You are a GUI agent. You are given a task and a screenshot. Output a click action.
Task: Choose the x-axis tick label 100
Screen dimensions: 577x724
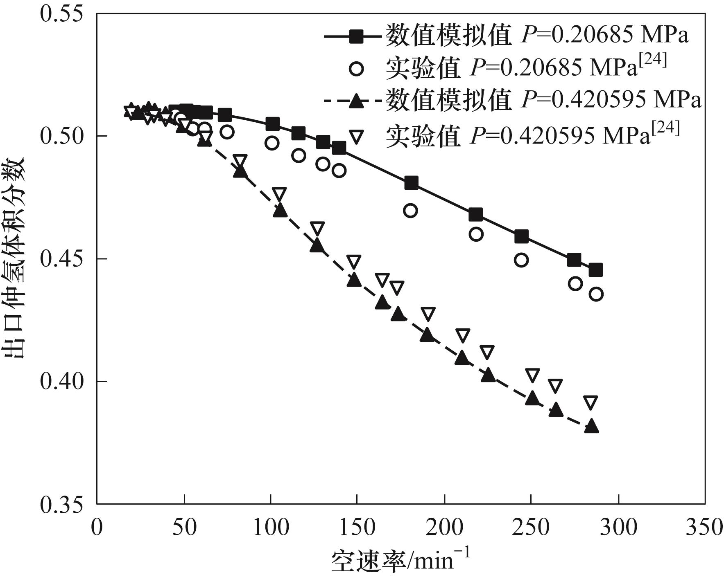pyautogui.click(x=271, y=527)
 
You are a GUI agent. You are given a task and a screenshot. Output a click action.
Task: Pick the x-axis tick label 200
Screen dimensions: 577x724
pyautogui.click(x=444, y=527)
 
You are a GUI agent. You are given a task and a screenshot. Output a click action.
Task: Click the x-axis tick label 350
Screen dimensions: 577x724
pyautogui.click(x=704, y=527)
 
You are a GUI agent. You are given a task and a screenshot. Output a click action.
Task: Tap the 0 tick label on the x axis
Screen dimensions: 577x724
pyautogui.click(x=97, y=527)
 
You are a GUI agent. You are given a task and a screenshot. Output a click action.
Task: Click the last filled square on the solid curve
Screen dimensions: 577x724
pyautogui.click(x=596, y=270)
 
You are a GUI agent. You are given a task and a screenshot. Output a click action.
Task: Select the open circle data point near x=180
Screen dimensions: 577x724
pyautogui.click(x=410, y=211)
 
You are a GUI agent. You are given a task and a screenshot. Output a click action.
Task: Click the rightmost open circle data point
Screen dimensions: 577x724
pyautogui.click(x=596, y=294)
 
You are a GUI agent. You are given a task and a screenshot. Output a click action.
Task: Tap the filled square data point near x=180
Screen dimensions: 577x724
pyautogui.click(x=411, y=183)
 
